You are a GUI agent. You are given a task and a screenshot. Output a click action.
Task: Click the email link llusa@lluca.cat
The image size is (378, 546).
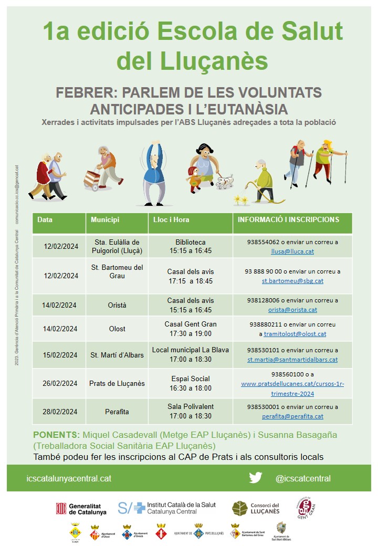pos(292,251)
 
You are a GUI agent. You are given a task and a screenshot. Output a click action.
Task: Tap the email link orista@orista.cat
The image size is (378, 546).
pos(292,310)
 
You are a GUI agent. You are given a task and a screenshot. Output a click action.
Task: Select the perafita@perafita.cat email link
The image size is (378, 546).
pos(292,416)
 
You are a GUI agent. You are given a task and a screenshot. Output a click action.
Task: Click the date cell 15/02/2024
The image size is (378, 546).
pos(59,355)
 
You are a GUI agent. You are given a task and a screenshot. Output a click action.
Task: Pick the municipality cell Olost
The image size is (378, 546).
pos(117,329)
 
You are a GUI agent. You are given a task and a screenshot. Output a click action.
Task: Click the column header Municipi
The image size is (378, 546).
pos(105,220)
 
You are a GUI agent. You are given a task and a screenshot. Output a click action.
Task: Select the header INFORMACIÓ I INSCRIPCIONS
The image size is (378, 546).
pos(288,220)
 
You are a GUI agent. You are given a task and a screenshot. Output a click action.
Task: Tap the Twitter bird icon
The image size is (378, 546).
pos(256,478)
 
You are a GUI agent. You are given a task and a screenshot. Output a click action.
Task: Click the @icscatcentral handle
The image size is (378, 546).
pos(303,478)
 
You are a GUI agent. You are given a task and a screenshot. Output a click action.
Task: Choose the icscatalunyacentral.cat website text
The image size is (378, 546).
pos(69,478)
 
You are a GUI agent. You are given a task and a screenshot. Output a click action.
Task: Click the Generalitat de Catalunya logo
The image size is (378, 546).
pos(81,508)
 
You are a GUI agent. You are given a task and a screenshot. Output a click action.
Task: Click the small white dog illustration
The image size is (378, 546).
pos(225,182)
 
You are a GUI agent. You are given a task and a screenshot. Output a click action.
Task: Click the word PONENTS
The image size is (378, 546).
pos(56,435)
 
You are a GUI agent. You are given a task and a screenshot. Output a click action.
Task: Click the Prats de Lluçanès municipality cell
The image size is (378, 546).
pos(117,383)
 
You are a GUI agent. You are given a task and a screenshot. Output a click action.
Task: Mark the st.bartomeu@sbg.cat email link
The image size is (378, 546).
pos(292,281)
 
